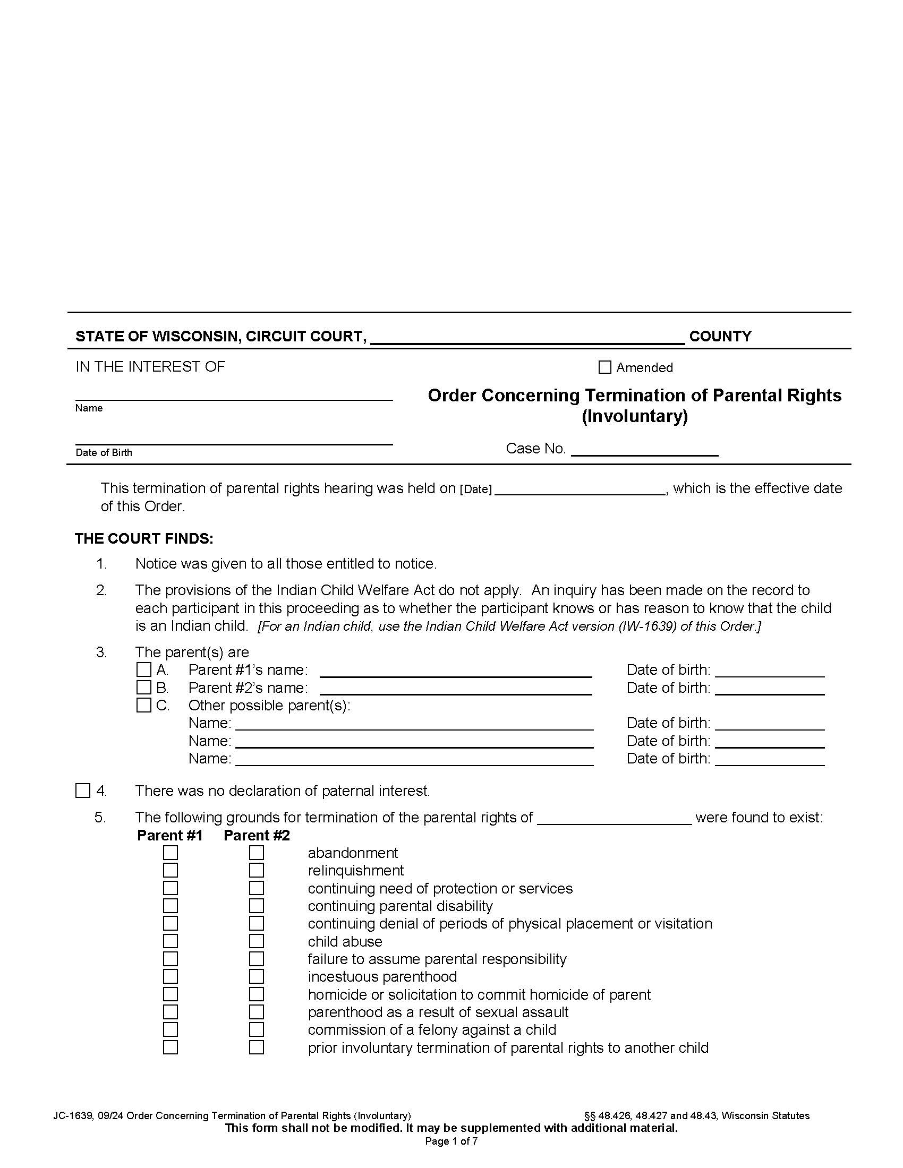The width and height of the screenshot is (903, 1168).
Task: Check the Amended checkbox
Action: coord(604,367)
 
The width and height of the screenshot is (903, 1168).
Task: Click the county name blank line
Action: coord(527,337)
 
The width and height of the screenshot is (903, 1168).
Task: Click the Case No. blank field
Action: coord(645,449)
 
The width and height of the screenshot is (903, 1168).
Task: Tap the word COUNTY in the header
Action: coord(720,337)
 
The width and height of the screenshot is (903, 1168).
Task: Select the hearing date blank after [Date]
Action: coord(580,489)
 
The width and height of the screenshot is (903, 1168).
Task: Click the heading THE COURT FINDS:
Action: coord(144,538)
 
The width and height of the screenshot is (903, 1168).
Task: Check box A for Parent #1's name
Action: coord(144,669)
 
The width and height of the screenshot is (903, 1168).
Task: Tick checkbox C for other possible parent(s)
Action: coord(144,706)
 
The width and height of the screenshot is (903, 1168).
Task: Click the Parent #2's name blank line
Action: coord(456,688)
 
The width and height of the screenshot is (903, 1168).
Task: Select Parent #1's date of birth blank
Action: coord(770,671)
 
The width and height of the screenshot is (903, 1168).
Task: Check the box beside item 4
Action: coord(83,791)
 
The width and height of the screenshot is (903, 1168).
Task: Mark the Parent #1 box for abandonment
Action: coord(171,853)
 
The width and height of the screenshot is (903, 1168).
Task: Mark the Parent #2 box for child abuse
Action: coord(257,941)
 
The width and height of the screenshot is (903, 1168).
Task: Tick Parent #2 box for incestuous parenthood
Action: coord(257,976)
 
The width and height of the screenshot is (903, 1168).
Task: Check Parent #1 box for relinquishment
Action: coord(171,870)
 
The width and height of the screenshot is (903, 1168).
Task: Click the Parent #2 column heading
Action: coord(257,835)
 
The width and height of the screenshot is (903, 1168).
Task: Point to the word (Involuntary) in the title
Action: coord(634,416)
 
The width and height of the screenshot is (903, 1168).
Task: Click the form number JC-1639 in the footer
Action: coord(73,1115)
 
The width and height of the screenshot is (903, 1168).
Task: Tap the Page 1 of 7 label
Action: coord(451,1141)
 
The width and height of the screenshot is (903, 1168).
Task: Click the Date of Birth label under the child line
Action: coord(104,452)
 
